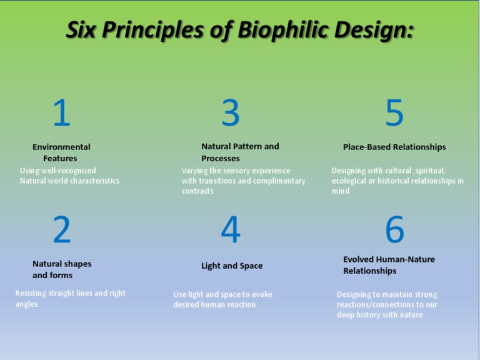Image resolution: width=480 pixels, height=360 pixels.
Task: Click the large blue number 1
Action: point(61,114)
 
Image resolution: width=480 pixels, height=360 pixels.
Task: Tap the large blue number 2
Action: point(62,230)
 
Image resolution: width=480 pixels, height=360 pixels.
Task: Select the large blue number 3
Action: point(231,113)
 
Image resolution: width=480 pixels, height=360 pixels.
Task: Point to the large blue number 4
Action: point(231,229)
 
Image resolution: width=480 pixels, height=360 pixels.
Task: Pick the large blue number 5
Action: point(394,113)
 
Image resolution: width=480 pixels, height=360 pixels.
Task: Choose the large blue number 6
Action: point(394,229)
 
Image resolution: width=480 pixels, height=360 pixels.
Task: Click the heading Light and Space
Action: point(232,266)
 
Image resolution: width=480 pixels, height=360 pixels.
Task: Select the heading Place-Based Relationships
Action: point(394,147)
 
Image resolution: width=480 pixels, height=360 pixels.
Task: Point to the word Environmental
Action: point(61,147)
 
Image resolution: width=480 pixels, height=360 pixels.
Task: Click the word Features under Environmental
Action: point(60,159)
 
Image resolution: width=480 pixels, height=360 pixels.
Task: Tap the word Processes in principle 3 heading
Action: point(220,159)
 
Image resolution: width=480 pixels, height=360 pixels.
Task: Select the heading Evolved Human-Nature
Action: point(389,259)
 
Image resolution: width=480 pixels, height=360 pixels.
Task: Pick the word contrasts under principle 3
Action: point(197,191)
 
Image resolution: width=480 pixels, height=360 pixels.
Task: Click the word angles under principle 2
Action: point(26,304)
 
